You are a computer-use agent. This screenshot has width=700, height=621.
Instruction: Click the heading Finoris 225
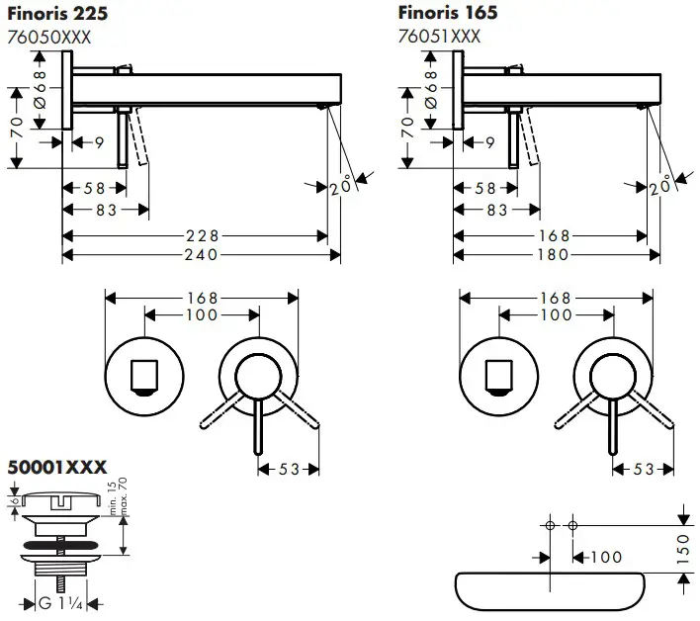point(58,13)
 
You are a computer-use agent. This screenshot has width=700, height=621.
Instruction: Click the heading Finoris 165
point(447,13)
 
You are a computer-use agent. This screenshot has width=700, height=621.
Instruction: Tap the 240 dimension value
point(203,255)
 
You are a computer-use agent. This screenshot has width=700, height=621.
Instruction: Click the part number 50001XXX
point(57,467)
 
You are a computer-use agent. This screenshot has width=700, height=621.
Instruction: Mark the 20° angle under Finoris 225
point(341,185)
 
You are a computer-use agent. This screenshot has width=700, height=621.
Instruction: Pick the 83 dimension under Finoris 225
point(106,210)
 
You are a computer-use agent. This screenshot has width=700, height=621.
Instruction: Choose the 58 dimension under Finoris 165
point(485,188)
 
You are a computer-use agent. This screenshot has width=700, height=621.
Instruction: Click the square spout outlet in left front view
point(144,377)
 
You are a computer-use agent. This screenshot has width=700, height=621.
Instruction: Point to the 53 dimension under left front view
point(289,470)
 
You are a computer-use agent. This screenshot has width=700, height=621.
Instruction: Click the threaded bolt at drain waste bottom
point(59,583)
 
